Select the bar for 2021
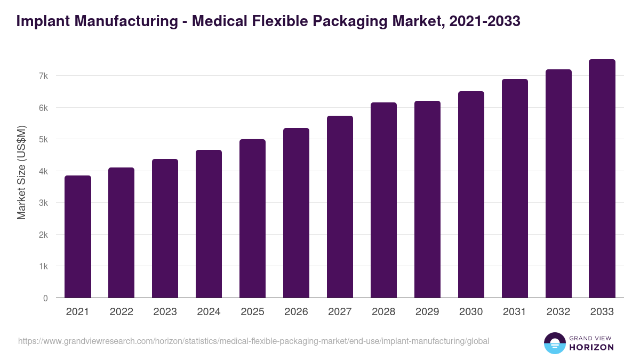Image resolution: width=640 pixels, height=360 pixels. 78,237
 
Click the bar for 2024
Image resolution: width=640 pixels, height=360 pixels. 209,224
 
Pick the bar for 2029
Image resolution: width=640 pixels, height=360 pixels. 427,199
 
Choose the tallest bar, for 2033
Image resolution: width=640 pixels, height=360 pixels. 602,179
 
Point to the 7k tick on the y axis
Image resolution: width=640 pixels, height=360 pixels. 43,76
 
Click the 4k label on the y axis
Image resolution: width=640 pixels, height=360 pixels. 43,171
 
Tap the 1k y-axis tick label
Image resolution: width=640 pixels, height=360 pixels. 43,266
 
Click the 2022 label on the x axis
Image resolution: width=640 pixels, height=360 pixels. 122,312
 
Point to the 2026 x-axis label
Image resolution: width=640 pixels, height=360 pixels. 296,312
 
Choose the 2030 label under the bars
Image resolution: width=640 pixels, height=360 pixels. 471,312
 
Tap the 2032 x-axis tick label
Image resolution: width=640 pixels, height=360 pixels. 558,312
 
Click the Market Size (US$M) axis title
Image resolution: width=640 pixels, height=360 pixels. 21,172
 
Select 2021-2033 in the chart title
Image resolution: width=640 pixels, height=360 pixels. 485,21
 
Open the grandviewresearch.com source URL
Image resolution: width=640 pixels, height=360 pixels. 253,341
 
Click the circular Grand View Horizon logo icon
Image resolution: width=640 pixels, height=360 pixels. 555,343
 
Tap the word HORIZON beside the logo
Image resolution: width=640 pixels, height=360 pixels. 591,347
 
